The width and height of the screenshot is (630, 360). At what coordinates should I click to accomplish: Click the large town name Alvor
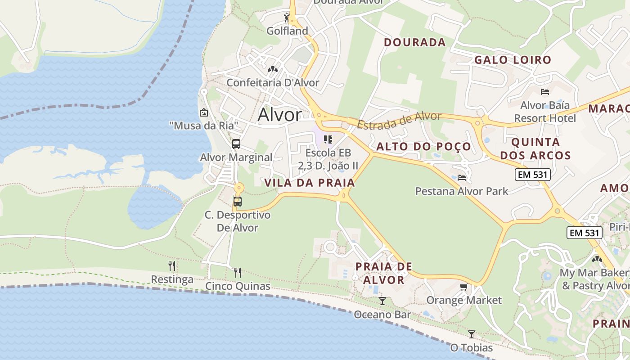pyautogui.click(x=279, y=115)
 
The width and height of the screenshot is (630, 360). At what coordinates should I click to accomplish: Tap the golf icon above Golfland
pyautogui.click(x=287, y=18)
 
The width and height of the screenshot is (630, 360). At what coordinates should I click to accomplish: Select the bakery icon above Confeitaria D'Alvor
pyautogui.click(x=272, y=69)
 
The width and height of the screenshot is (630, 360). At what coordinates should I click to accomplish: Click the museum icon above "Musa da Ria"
pyautogui.click(x=203, y=112)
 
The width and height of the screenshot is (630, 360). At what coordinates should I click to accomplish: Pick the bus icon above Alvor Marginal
pyautogui.click(x=236, y=144)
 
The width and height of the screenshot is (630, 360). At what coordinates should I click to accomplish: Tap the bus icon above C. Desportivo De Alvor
pyautogui.click(x=238, y=202)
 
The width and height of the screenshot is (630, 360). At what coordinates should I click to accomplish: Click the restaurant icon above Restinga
pyautogui.click(x=172, y=266)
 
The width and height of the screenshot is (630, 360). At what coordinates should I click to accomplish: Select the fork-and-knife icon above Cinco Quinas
pyautogui.click(x=238, y=272)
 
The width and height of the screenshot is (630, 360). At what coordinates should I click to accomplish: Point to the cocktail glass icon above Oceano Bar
pyautogui.click(x=382, y=301)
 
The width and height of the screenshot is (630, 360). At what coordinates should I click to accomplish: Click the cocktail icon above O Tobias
pyautogui.click(x=471, y=334)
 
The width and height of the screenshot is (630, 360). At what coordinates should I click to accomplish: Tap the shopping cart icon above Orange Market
pyautogui.click(x=463, y=287)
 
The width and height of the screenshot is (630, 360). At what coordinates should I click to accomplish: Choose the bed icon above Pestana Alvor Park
pyautogui.click(x=461, y=177)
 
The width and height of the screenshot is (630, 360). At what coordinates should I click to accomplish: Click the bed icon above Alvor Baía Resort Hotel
pyautogui.click(x=545, y=92)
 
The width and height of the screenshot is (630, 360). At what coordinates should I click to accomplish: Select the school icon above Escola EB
pyautogui.click(x=328, y=139)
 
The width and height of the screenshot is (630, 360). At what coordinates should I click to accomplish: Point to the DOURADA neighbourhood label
pyautogui.click(x=414, y=42)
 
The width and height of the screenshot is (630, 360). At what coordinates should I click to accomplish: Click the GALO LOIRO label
pyautogui.click(x=513, y=60)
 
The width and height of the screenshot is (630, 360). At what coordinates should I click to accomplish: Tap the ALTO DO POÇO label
pyautogui.click(x=423, y=146)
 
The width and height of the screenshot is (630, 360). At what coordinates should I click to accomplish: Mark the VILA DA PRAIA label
pyautogui.click(x=310, y=183)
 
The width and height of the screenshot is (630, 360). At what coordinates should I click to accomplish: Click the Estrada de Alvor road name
pyautogui.click(x=399, y=120)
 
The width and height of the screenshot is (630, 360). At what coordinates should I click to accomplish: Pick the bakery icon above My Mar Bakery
pyautogui.click(x=597, y=259)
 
